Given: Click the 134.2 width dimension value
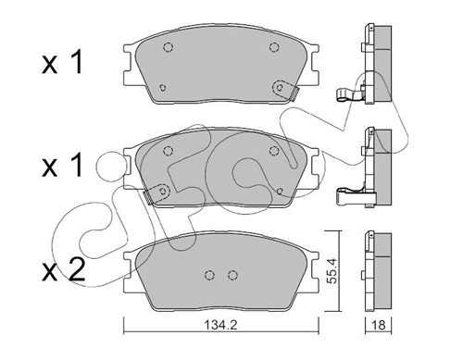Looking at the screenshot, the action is (220, 325).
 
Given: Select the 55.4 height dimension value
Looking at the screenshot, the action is (332, 269).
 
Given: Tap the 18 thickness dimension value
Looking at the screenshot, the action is (379, 325).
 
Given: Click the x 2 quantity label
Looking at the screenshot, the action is (64, 270).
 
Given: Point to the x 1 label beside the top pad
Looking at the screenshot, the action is (63, 63).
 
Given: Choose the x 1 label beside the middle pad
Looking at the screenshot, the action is (63, 166).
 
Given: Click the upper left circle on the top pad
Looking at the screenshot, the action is (168, 47).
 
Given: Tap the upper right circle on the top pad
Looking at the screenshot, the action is (274, 47).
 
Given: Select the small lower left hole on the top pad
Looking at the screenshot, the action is (162, 88).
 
